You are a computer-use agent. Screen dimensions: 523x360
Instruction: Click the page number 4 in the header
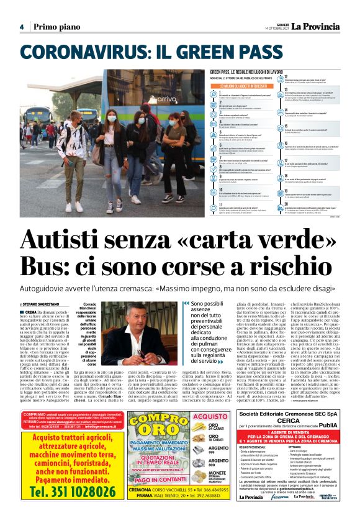click(22, 27)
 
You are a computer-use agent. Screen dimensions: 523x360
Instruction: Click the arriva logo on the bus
click(148, 99)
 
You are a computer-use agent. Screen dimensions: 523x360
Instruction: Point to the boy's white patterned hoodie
click(74, 142)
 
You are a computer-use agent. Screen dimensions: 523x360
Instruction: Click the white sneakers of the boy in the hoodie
click(74, 206)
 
